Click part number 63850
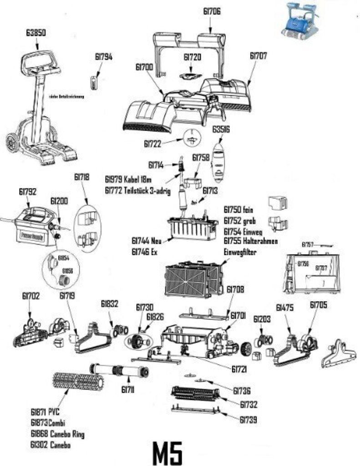(35, 33)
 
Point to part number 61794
(103, 57)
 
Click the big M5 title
(167, 452)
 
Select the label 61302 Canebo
(51, 445)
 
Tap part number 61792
(27, 192)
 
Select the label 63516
(221, 130)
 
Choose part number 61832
(110, 303)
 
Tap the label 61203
(262, 319)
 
